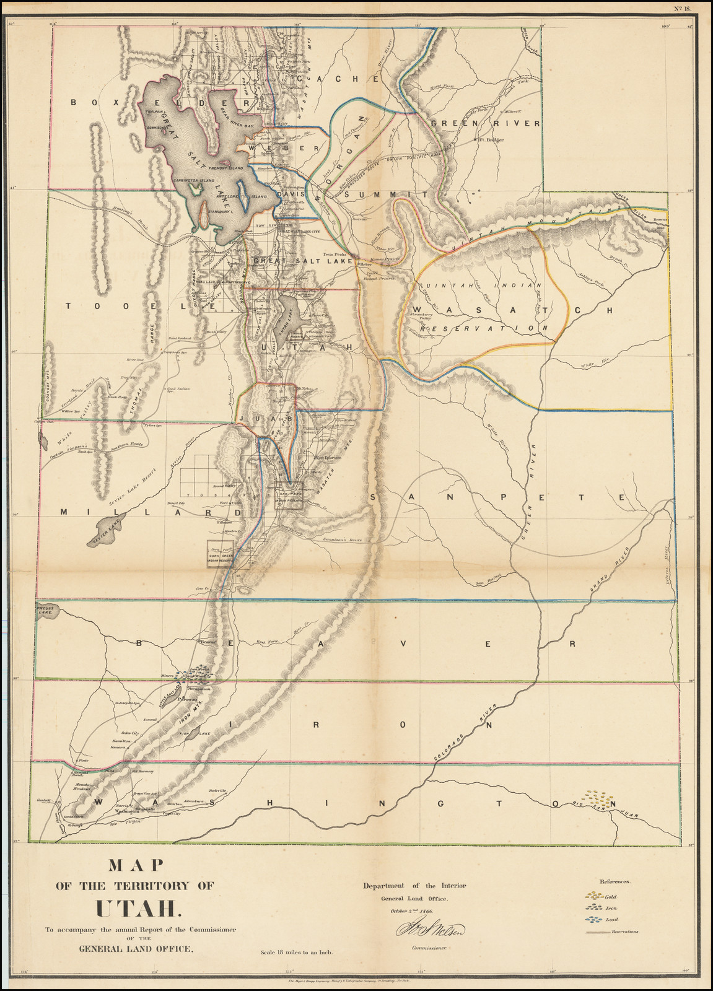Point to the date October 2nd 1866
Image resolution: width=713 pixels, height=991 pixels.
tap(411, 910)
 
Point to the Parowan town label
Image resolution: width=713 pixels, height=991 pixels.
tap(188, 699)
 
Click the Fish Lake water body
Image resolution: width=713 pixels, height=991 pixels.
tap(199, 733)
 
